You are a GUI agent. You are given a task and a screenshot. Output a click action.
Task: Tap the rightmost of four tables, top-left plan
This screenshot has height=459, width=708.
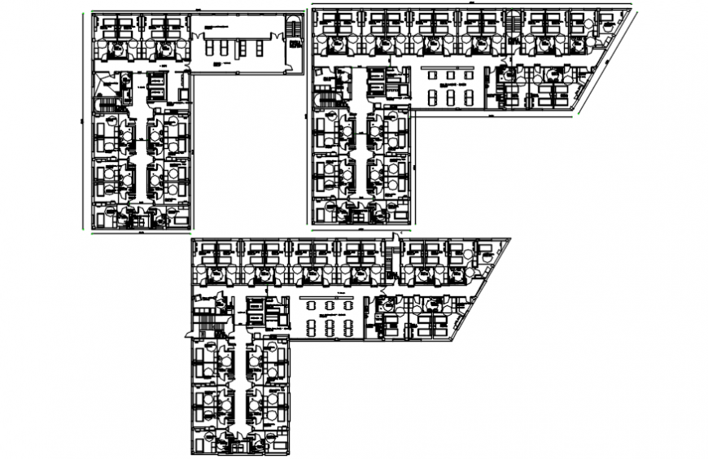point(260,49)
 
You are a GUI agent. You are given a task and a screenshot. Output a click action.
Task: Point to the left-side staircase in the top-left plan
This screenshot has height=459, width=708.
point(104,103)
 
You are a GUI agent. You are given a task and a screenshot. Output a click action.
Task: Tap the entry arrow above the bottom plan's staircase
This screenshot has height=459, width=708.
point(391,238)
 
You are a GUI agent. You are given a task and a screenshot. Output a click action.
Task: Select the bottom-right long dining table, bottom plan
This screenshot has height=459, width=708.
point(348,327)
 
